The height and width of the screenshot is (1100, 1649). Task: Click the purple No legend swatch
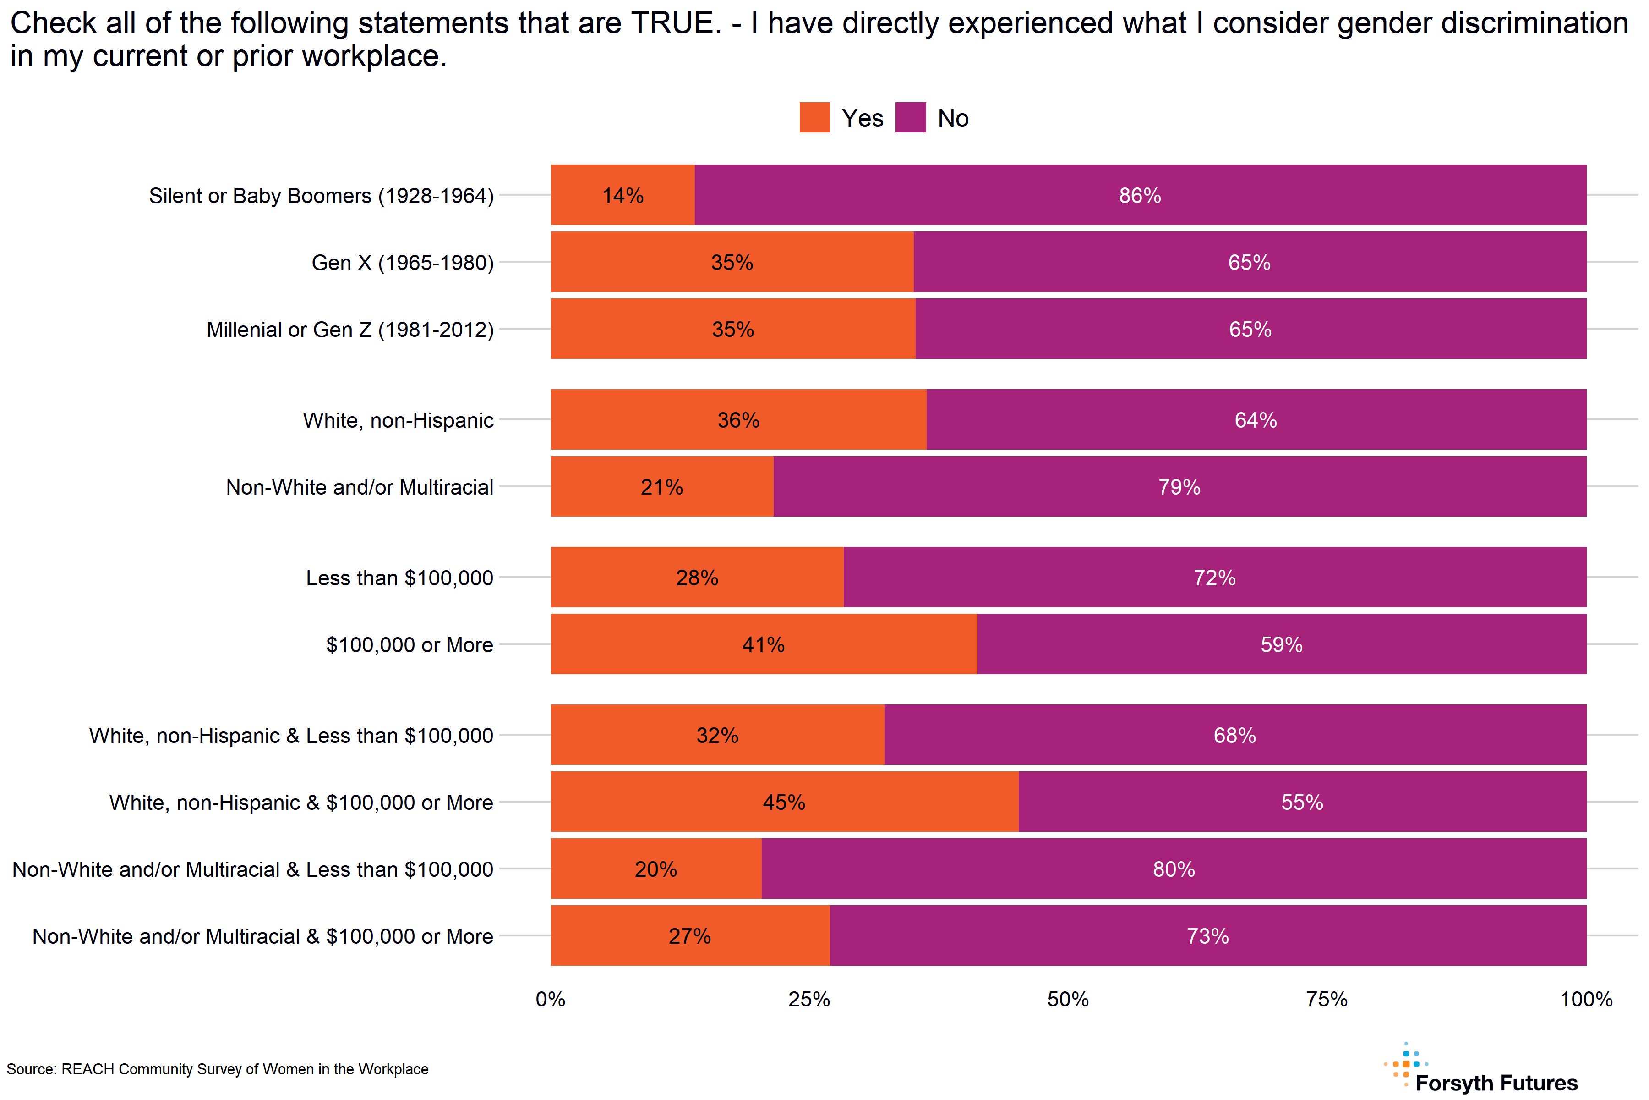point(910,117)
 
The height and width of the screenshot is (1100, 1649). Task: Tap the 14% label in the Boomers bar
point(622,196)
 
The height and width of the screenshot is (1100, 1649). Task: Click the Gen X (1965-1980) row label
point(403,262)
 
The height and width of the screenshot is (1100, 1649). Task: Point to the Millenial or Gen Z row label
point(350,330)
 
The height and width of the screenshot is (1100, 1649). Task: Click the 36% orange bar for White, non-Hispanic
point(738,420)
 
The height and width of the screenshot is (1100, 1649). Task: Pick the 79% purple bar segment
point(1179,487)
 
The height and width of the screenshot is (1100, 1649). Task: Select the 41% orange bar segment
point(764,645)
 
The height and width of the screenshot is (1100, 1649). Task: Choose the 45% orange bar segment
point(784,803)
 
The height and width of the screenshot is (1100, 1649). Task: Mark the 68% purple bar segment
point(1234,735)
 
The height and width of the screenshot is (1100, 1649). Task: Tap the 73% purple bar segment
point(1207,936)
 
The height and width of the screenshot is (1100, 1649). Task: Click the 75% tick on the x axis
point(1327,999)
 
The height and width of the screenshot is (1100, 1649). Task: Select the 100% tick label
point(1586,999)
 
